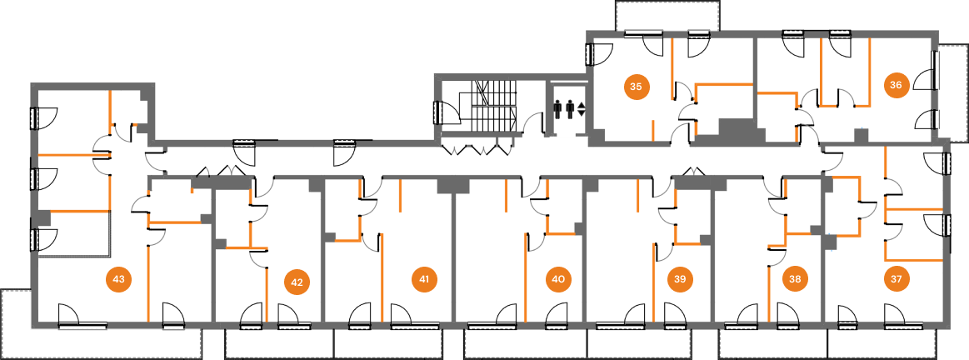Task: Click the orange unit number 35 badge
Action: point(636,86)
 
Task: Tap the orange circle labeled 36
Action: point(896,85)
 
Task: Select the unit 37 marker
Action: point(896,279)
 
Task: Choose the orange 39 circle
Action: point(680,279)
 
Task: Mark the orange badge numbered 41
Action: point(424,279)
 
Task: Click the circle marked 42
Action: point(297,282)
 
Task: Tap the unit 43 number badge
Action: point(118,279)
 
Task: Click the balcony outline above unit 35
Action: point(667,16)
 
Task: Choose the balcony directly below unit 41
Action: point(387,343)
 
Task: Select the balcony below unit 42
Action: point(279,343)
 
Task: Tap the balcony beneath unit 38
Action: point(773,343)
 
